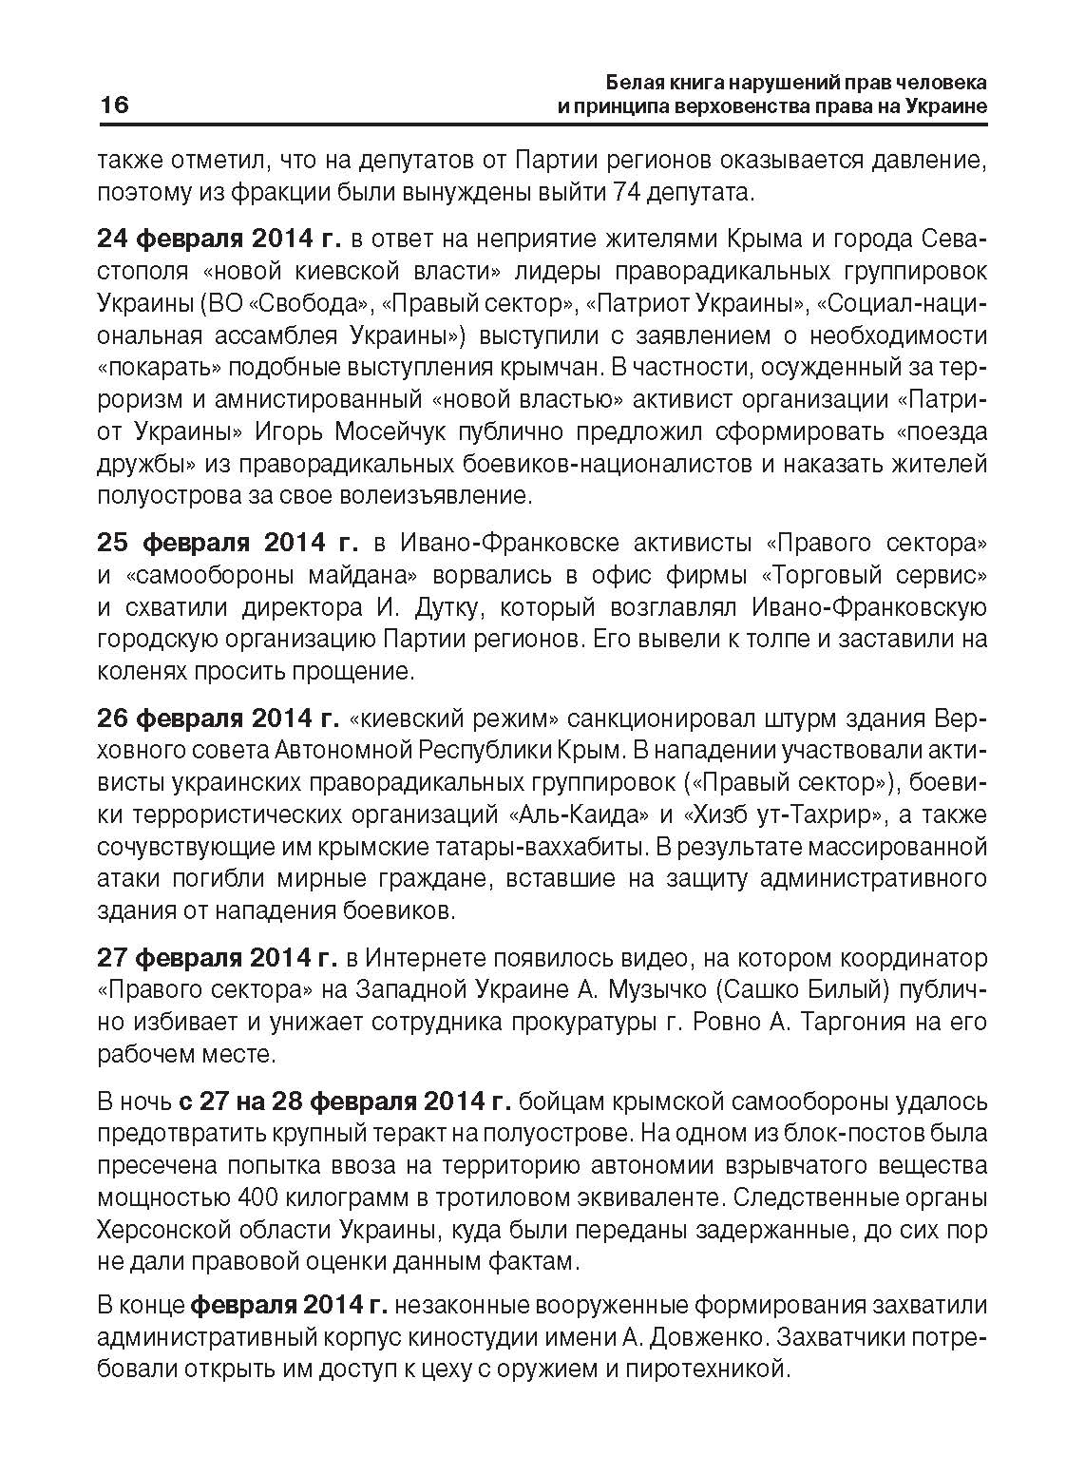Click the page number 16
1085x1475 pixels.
click(113, 105)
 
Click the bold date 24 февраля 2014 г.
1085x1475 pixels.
click(219, 238)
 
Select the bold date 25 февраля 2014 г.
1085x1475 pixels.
click(227, 543)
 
